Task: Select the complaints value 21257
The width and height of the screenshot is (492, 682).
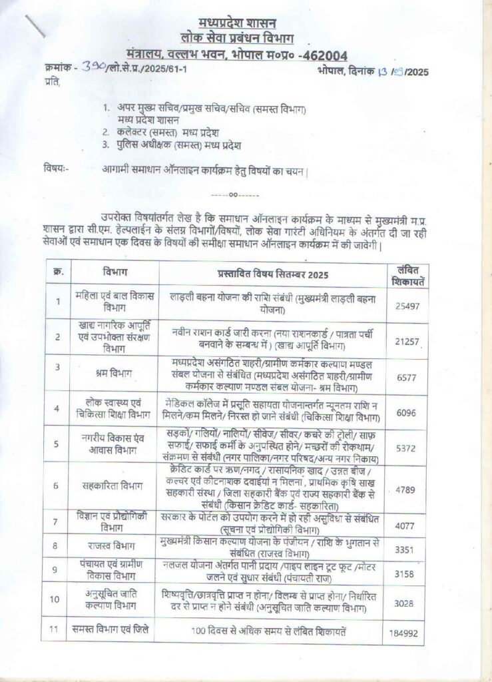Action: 406,341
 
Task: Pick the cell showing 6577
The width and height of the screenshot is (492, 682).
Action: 406,376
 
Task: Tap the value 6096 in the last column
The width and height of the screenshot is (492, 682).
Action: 406,412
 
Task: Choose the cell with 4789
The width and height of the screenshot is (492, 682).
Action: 406,491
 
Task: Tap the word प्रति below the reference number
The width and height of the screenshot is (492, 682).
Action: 51,83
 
